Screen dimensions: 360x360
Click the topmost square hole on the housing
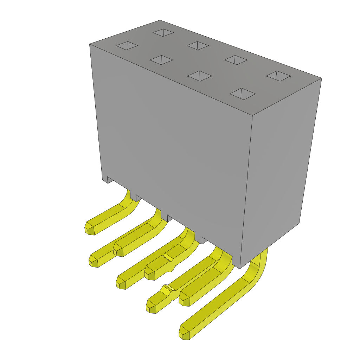click(x=163, y=32)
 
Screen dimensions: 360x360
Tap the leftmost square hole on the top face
click(x=127, y=45)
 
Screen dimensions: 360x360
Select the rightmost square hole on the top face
click(x=278, y=76)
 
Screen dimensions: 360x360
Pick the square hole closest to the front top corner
click(x=243, y=94)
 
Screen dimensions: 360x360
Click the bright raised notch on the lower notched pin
click(x=166, y=290)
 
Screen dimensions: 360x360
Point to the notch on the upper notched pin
click(x=168, y=258)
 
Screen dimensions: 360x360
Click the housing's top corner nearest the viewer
click(x=252, y=115)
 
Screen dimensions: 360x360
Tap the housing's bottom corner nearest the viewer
click(x=240, y=268)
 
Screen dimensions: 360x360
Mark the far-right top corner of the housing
click(x=321, y=78)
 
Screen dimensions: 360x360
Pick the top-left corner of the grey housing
click(x=90, y=44)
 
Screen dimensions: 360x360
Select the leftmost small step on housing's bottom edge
click(x=110, y=180)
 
